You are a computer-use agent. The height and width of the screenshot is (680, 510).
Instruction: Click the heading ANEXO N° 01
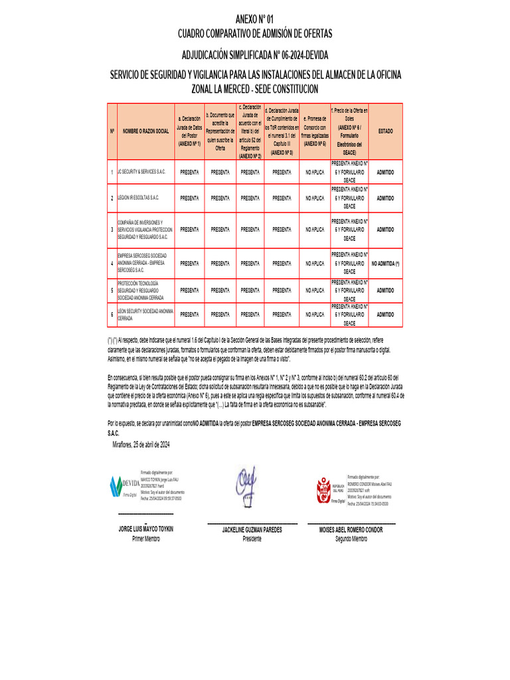[254, 19]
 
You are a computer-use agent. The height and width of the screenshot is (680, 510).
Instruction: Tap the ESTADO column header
[385, 131]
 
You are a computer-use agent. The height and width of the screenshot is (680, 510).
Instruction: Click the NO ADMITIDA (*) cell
[385, 264]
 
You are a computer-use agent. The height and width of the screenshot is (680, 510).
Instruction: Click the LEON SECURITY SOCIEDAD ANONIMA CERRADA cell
[145, 315]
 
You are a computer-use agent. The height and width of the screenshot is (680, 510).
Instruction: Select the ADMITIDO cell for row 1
[385, 172]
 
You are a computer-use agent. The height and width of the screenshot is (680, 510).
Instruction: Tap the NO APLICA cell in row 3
[315, 230]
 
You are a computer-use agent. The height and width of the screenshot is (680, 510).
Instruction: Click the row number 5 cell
[112, 290]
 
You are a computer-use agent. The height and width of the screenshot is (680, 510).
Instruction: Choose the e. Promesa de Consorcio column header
[315, 131]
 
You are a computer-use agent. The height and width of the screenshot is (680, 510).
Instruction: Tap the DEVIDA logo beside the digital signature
[123, 485]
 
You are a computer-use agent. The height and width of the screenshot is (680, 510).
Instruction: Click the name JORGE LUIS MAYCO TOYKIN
[145, 530]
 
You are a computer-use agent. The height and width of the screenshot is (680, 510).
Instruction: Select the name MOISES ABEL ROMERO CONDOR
[351, 530]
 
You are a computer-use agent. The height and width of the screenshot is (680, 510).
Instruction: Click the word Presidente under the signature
[252, 539]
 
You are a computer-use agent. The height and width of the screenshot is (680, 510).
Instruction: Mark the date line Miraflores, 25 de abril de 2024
[141, 444]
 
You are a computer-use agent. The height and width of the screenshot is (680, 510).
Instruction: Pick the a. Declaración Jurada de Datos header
[189, 131]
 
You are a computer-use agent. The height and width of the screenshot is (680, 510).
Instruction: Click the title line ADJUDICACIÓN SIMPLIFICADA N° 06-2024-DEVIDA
[254, 54]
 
